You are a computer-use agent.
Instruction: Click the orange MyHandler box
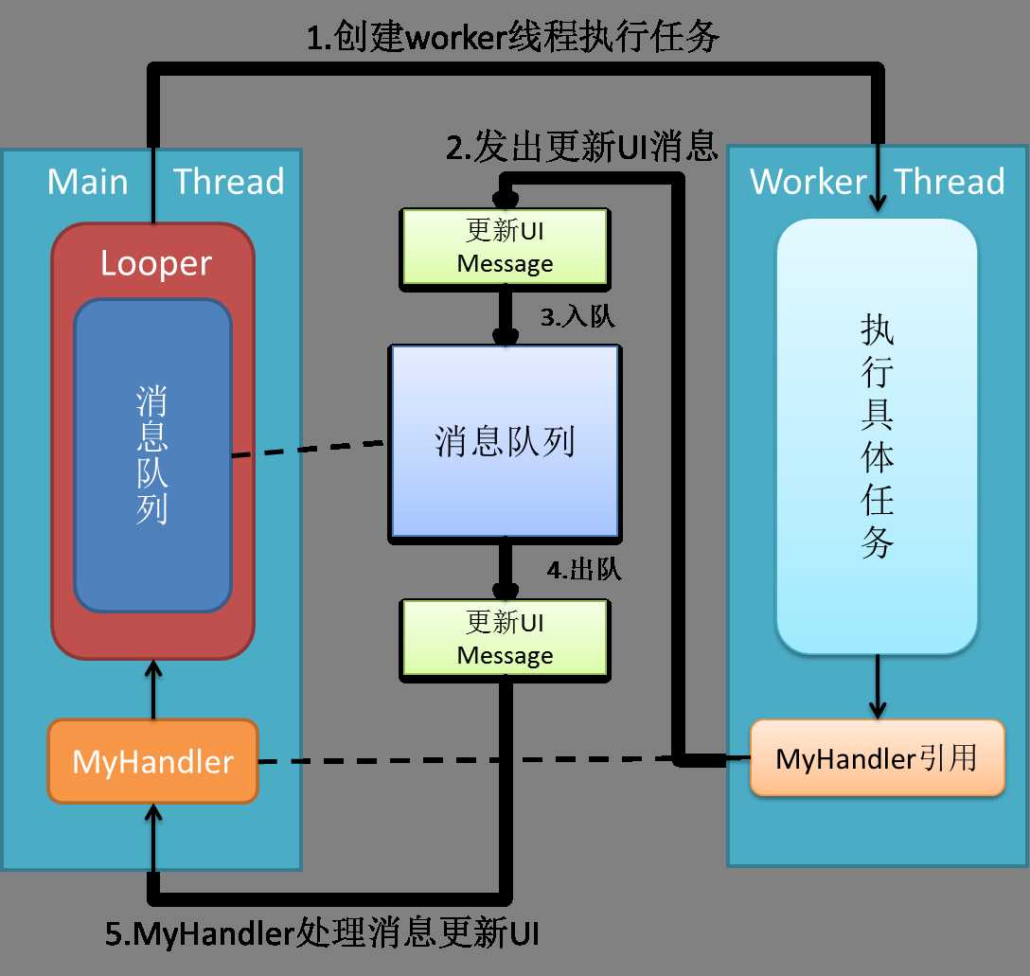pyautogui.click(x=152, y=761)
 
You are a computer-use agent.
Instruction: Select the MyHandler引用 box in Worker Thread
pyautogui.click(x=877, y=758)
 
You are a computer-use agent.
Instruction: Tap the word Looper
pyautogui.click(x=155, y=263)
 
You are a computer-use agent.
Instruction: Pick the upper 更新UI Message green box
pyautogui.click(x=505, y=247)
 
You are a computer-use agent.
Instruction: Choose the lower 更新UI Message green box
pyautogui.click(x=505, y=639)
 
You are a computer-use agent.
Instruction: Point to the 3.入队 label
pyautogui.click(x=577, y=317)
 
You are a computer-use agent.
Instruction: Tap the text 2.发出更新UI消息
pyautogui.click(x=581, y=147)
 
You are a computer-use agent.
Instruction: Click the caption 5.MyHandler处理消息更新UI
pyautogui.click(x=322, y=933)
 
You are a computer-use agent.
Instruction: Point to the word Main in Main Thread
pyautogui.click(x=87, y=181)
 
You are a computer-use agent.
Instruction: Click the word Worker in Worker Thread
pyautogui.click(x=808, y=181)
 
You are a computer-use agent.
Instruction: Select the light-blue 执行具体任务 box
pyautogui.click(x=877, y=435)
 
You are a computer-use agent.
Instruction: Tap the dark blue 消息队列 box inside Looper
pyautogui.click(x=152, y=455)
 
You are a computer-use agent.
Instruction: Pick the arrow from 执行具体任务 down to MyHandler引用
pyautogui.click(x=878, y=686)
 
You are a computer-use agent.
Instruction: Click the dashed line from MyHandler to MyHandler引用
pyautogui.click(x=464, y=760)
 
